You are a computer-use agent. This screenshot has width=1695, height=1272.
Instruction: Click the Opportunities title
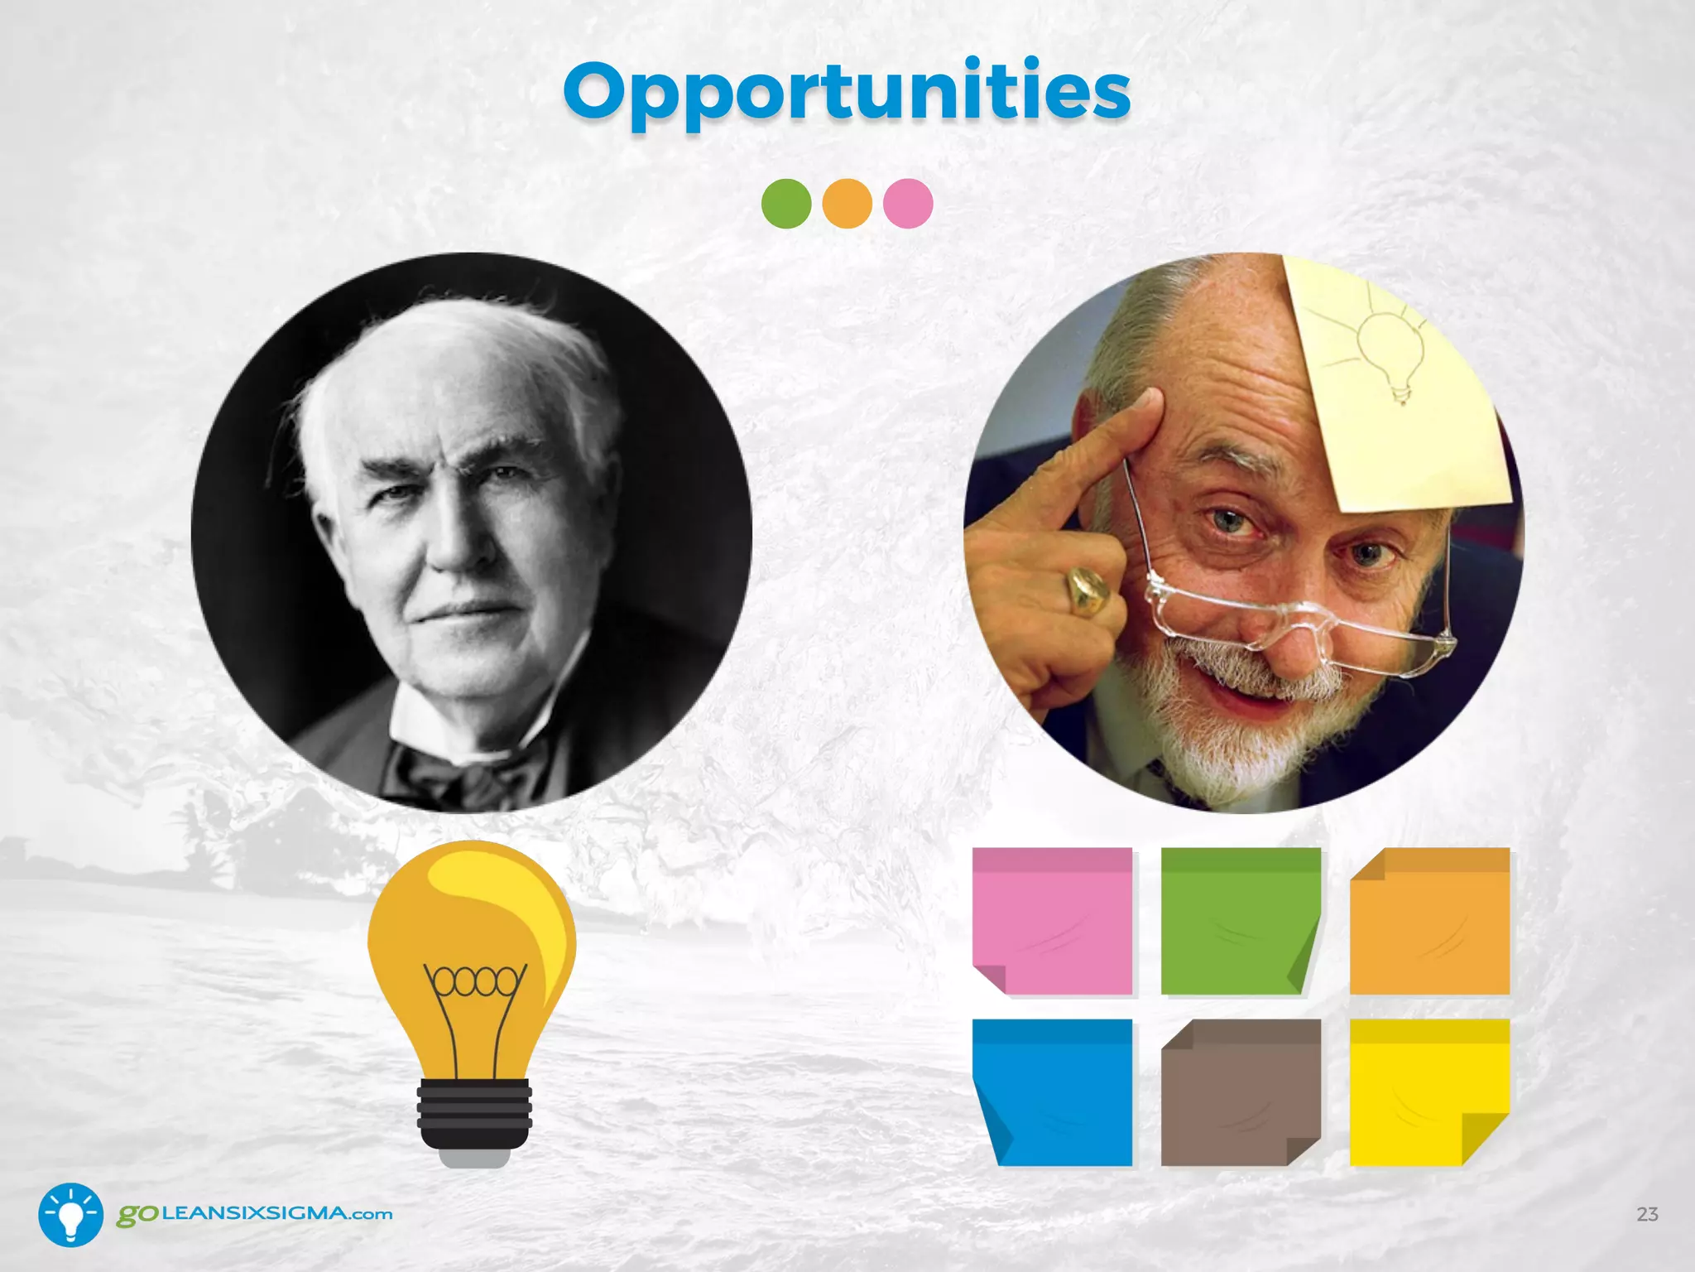(x=847, y=91)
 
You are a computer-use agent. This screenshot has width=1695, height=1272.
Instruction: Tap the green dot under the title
(x=785, y=204)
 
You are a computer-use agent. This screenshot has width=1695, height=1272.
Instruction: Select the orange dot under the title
(x=847, y=204)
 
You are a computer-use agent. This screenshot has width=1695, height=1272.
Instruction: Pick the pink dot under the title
(x=908, y=204)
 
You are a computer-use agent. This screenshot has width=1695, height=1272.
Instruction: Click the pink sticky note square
(x=1052, y=920)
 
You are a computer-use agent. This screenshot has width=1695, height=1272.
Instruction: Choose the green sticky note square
(x=1239, y=920)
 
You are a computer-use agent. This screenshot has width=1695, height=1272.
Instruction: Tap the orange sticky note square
(x=1429, y=920)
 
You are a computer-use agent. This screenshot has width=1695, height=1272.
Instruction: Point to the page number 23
(x=1647, y=1214)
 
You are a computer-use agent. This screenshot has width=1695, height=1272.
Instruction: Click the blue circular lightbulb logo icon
(x=71, y=1215)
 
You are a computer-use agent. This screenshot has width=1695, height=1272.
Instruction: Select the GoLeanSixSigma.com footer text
(x=254, y=1214)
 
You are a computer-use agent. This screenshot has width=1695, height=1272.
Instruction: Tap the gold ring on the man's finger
(x=1086, y=590)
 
